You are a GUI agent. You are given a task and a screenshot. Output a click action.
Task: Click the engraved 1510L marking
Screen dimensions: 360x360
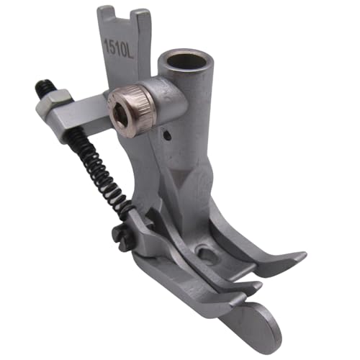(118, 50)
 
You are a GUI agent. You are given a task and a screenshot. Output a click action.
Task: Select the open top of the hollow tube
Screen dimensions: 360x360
(186, 61)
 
